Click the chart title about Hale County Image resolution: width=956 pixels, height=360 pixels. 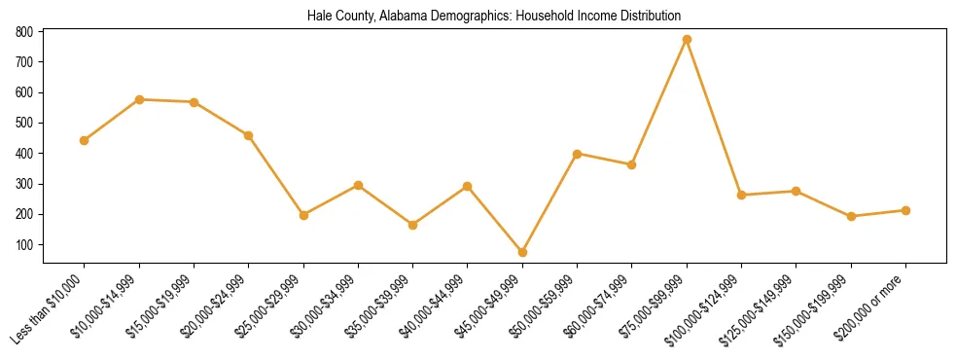pos(493,16)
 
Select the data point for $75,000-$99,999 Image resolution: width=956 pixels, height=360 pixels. pos(688,40)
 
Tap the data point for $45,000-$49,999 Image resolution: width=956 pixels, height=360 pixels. pos(523,252)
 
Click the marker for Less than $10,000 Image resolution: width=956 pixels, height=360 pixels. pos(85,140)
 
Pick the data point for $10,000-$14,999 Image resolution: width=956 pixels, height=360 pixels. pos(140,99)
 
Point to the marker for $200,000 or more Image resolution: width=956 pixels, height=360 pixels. pos(906,210)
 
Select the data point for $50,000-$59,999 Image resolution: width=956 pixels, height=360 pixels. pos(578,154)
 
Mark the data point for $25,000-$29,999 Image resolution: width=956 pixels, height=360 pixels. pos(304,215)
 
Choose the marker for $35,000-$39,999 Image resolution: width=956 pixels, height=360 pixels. pos(413,225)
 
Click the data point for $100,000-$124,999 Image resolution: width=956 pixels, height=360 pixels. pos(742,195)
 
